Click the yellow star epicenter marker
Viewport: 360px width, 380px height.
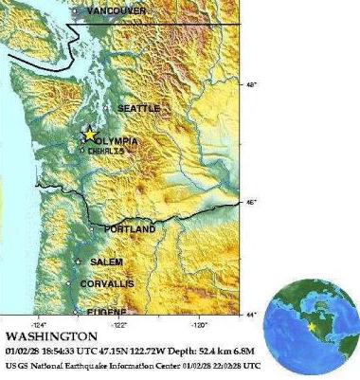(89, 135)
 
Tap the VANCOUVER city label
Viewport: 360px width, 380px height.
(116, 10)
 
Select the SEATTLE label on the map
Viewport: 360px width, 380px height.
(138, 109)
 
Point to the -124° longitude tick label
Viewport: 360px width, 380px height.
(41, 322)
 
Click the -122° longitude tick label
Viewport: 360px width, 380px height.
(119, 322)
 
